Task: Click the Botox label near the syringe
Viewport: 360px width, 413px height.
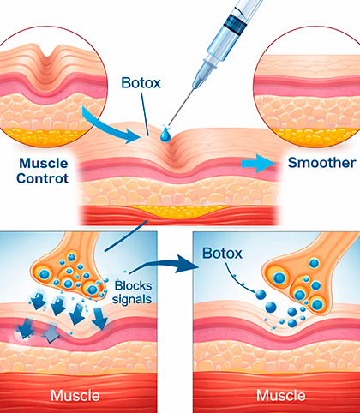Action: [141, 83]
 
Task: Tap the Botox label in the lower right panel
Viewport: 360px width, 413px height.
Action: [222, 253]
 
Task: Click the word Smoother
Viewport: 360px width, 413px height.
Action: [321, 163]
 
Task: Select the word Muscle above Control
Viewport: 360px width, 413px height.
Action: [44, 164]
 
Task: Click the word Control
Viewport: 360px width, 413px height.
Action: [42, 178]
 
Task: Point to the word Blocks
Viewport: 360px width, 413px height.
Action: [133, 285]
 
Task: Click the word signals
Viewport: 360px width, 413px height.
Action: [132, 299]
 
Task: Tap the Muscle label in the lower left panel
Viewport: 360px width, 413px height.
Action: [75, 396]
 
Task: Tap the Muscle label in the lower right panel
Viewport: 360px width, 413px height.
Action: [281, 396]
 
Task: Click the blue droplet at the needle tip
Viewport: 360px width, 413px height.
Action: [165, 135]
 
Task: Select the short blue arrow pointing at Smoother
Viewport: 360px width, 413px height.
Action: [258, 164]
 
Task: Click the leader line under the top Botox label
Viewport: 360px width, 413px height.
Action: [145, 114]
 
